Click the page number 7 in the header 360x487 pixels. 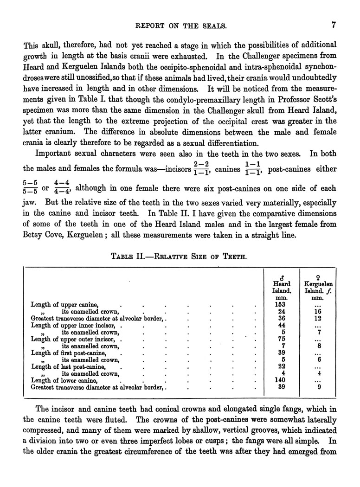(334, 26)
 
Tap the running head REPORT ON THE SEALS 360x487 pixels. (180, 26)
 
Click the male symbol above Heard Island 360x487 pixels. (282, 277)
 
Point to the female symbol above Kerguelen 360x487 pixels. (318, 277)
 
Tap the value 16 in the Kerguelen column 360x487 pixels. (318, 312)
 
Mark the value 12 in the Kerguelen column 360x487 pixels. (318, 319)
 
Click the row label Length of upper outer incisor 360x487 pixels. (72, 339)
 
